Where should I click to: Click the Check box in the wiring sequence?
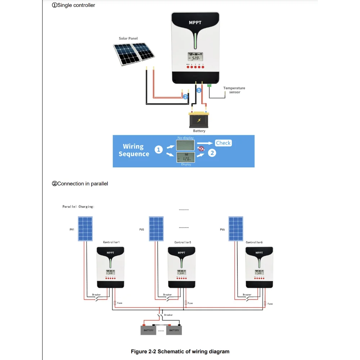click(223, 143)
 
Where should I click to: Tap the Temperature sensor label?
click(234, 90)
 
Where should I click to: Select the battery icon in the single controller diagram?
click(199, 120)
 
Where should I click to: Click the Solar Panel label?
click(128, 39)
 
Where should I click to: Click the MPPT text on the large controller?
click(195, 23)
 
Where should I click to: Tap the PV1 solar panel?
click(85, 229)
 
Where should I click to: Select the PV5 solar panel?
click(156, 229)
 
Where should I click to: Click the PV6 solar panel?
click(236, 229)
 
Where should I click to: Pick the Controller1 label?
click(111, 242)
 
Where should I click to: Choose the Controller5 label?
click(183, 242)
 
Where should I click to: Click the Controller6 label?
click(254, 242)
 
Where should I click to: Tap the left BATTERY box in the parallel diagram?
click(148, 330)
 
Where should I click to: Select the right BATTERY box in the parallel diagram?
click(174, 330)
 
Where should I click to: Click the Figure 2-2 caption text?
click(180, 351)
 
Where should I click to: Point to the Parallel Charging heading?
click(78, 207)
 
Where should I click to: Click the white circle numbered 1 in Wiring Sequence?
click(159, 150)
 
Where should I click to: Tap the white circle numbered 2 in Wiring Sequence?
click(212, 153)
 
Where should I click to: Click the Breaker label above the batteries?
click(168, 315)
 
